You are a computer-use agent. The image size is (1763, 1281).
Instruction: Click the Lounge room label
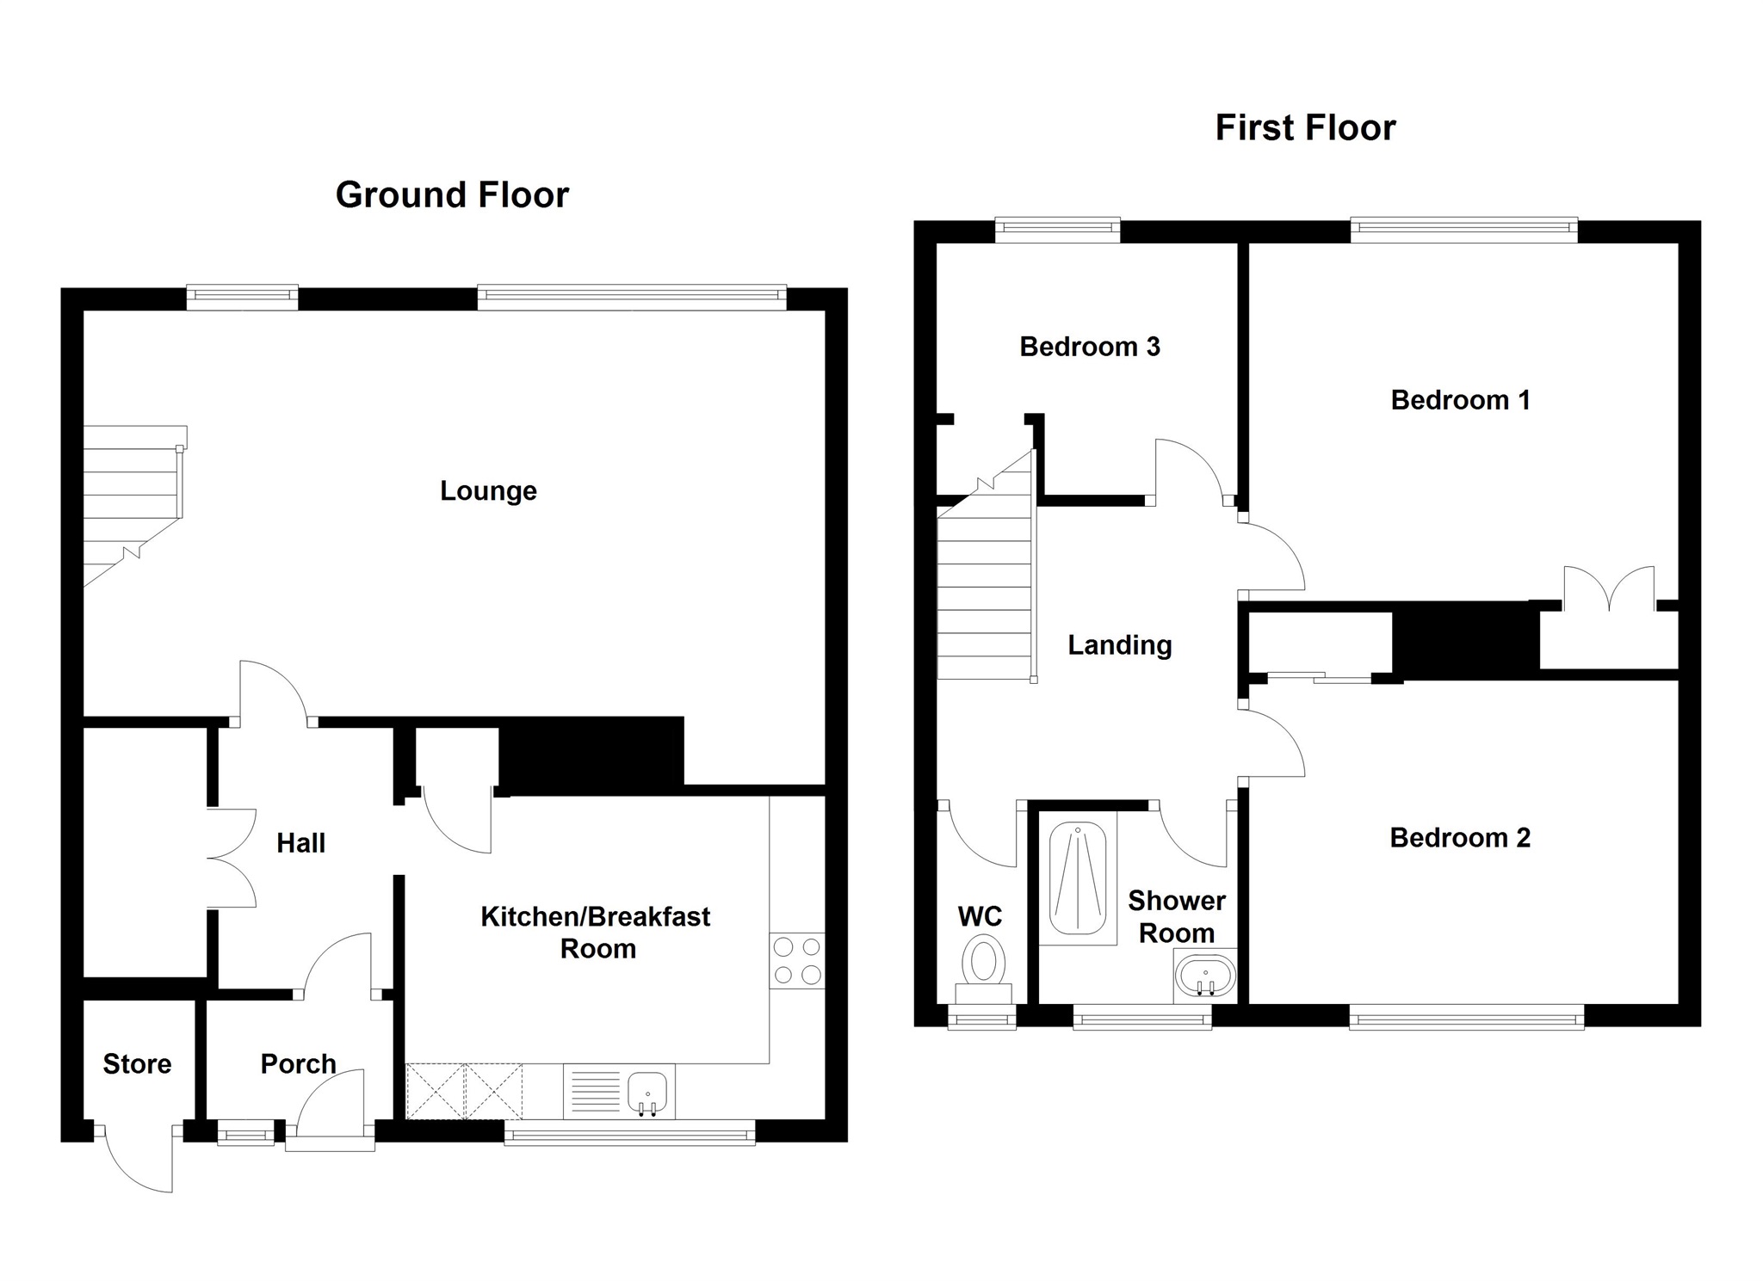(x=488, y=491)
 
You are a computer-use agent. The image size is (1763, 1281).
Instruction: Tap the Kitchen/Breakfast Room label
(x=596, y=933)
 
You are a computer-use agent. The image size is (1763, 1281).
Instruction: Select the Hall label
(x=300, y=843)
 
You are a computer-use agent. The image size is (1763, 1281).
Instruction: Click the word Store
(x=137, y=1064)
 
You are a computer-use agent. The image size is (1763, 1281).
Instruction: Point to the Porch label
(x=298, y=1064)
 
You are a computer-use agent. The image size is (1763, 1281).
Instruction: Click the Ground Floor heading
(x=452, y=195)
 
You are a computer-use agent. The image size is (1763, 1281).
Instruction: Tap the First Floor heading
(x=1305, y=128)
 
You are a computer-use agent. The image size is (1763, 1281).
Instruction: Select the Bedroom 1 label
(x=1460, y=400)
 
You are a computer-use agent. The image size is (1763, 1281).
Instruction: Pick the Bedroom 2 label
(x=1460, y=838)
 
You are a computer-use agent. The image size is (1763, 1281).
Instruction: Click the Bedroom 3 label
(x=1090, y=347)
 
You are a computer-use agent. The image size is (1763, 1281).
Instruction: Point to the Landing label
(x=1119, y=645)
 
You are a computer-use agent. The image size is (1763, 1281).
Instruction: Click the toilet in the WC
(x=984, y=964)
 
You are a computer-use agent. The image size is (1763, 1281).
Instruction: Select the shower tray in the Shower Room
(x=1078, y=878)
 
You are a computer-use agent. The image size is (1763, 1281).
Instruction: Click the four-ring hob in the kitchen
(x=797, y=961)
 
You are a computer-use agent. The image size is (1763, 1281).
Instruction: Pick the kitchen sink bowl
(x=646, y=1091)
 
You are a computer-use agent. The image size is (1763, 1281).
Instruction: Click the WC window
(x=982, y=1019)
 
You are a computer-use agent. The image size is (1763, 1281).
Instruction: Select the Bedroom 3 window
(x=1058, y=228)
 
